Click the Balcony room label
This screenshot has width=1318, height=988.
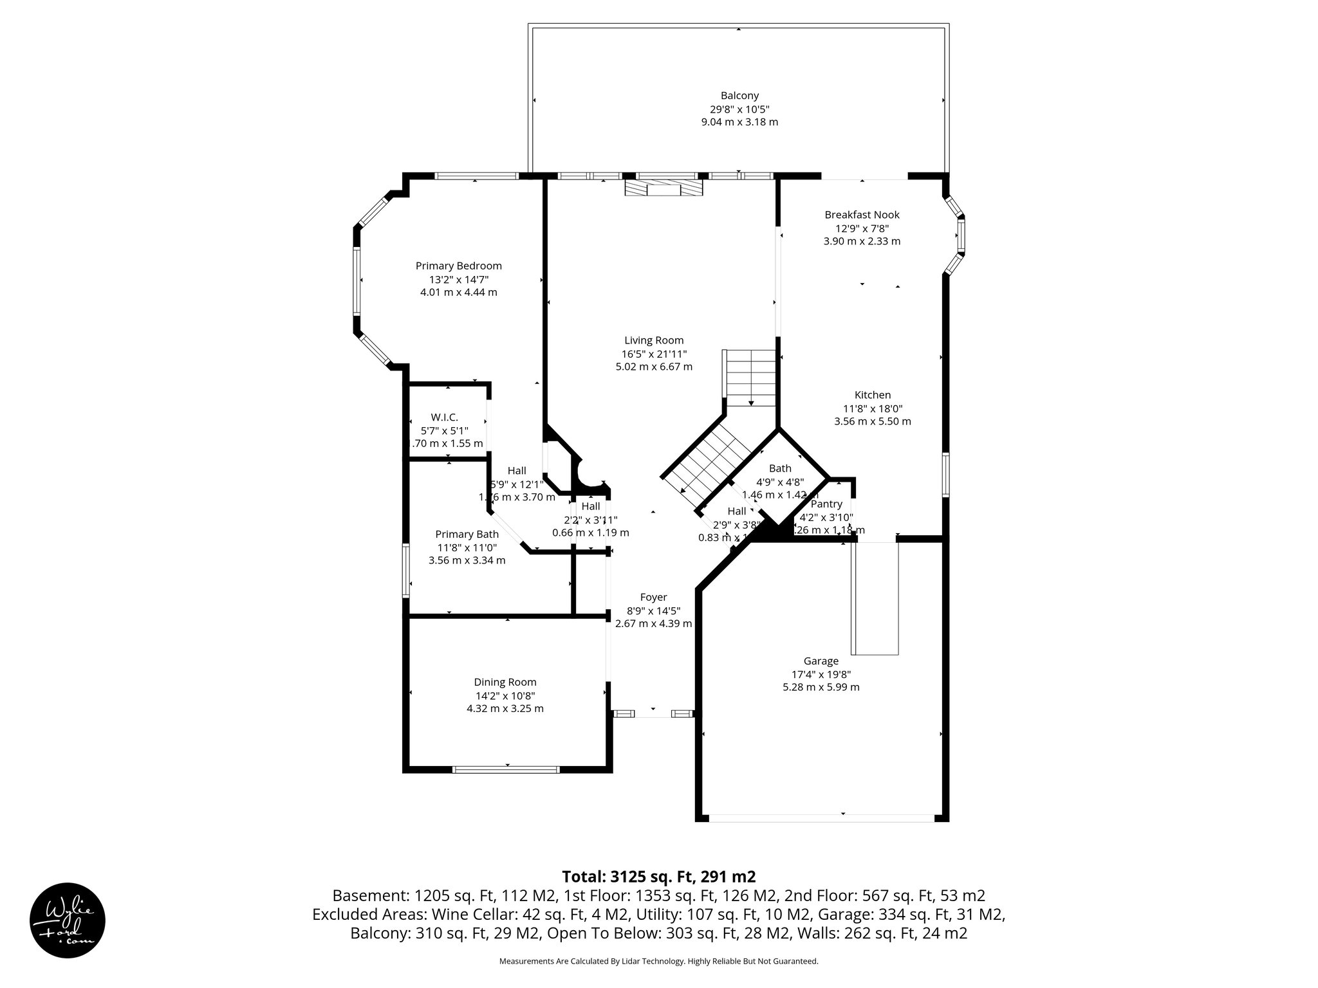739,96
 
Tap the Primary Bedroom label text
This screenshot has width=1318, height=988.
458,266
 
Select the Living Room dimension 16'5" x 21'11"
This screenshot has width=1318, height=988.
654,354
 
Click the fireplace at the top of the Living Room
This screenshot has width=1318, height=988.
663,188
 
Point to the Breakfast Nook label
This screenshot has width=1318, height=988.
862,215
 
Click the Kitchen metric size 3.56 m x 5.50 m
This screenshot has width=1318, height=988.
872,421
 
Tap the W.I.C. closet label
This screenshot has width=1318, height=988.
444,417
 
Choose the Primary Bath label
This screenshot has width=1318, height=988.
467,534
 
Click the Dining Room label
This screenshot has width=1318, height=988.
505,682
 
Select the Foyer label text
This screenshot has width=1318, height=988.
653,597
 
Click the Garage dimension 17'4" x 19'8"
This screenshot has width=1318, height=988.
821,674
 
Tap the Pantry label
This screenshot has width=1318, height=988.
826,504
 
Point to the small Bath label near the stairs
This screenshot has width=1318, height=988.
780,468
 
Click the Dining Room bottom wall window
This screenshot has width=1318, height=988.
506,769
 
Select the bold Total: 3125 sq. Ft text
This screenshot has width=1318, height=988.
658,877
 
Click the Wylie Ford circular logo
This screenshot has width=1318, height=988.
68,920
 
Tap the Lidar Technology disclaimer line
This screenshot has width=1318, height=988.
658,961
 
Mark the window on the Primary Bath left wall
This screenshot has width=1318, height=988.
406,570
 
